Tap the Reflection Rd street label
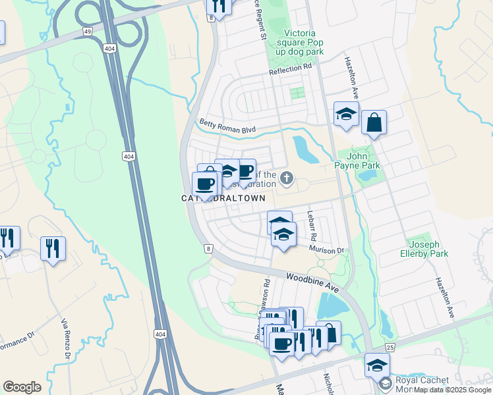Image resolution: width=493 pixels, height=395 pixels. click(x=290, y=67)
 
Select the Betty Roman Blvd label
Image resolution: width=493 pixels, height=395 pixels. click(x=227, y=126)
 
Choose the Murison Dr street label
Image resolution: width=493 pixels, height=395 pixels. click(x=328, y=250)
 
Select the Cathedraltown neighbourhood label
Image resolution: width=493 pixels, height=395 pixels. click(x=224, y=198)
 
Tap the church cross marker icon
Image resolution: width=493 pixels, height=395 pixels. click(x=286, y=177)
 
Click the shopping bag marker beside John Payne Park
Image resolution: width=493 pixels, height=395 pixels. click(x=374, y=122)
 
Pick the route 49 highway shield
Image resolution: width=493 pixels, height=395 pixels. click(x=87, y=31)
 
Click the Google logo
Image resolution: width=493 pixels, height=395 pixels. click(x=22, y=386)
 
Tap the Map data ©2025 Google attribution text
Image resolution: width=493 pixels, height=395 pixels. click(x=452, y=390)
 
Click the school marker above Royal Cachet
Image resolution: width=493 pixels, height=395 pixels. click(x=378, y=365)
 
